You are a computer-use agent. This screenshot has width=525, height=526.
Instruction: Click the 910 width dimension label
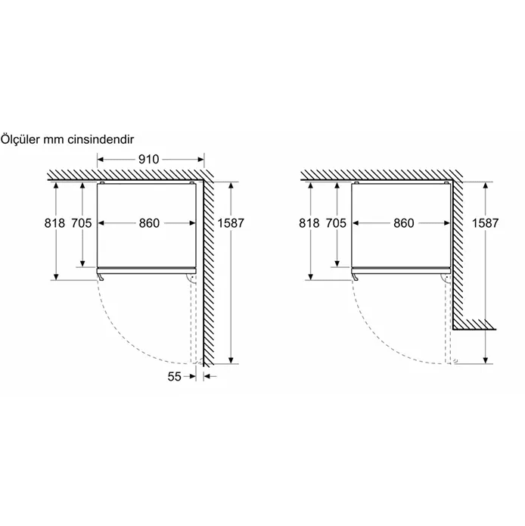tap(148, 160)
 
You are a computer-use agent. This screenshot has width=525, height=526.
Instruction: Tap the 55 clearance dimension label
tap(174, 377)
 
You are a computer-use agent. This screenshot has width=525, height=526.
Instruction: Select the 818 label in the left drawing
tap(54, 223)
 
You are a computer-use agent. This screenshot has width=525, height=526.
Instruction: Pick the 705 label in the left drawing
tap(82, 223)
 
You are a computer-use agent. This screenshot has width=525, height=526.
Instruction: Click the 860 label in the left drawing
tap(149, 223)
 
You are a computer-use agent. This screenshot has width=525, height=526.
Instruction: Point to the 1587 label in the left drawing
tap(231, 223)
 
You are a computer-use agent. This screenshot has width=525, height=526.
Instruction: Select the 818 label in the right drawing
tap(309, 223)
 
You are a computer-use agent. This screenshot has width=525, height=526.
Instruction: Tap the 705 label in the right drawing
tap(336, 223)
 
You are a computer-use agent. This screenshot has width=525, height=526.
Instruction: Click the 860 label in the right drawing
tap(404, 223)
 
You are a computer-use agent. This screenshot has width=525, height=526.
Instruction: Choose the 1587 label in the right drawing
tap(486, 223)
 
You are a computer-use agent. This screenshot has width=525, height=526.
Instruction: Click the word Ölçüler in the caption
tap(20, 139)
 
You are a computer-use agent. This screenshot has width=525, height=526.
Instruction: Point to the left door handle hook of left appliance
tap(101, 276)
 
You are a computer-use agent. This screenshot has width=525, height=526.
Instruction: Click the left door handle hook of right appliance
tap(355, 276)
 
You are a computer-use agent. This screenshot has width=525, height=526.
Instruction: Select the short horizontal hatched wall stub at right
tap(474, 324)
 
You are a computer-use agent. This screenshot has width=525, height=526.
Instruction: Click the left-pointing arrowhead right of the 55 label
tap(207, 376)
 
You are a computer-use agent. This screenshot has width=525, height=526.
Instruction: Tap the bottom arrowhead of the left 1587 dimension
tap(231, 360)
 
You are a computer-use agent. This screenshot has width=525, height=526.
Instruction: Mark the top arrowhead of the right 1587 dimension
tap(486, 186)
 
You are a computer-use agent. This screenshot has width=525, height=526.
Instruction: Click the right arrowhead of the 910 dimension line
tap(200, 160)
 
